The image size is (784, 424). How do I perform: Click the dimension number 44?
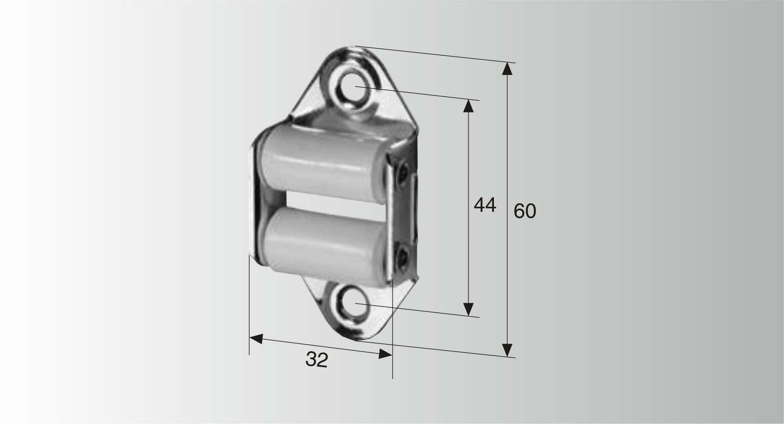coord(485,205)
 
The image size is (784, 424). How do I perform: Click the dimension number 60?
coord(525,211)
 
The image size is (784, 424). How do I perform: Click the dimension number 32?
coord(317,360)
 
